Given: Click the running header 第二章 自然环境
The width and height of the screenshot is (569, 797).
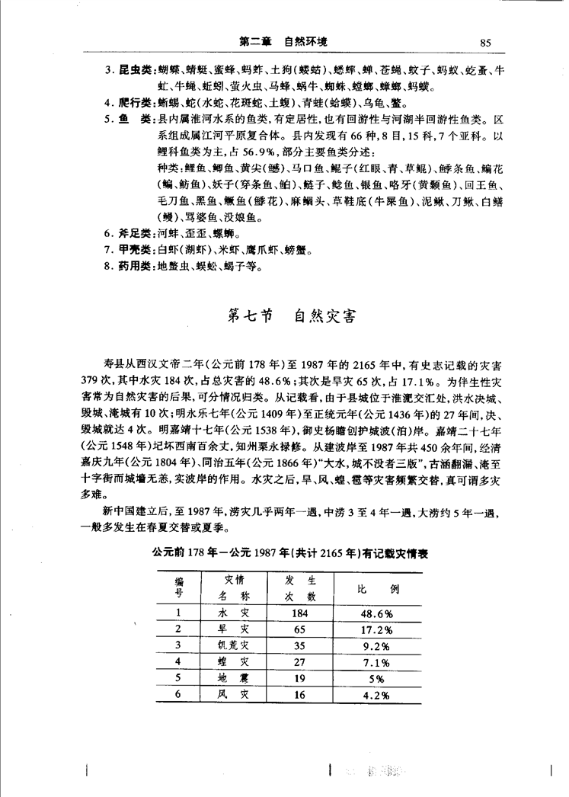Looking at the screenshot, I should point(283,42).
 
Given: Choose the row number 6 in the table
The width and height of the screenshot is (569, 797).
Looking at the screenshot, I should point(177,694).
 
